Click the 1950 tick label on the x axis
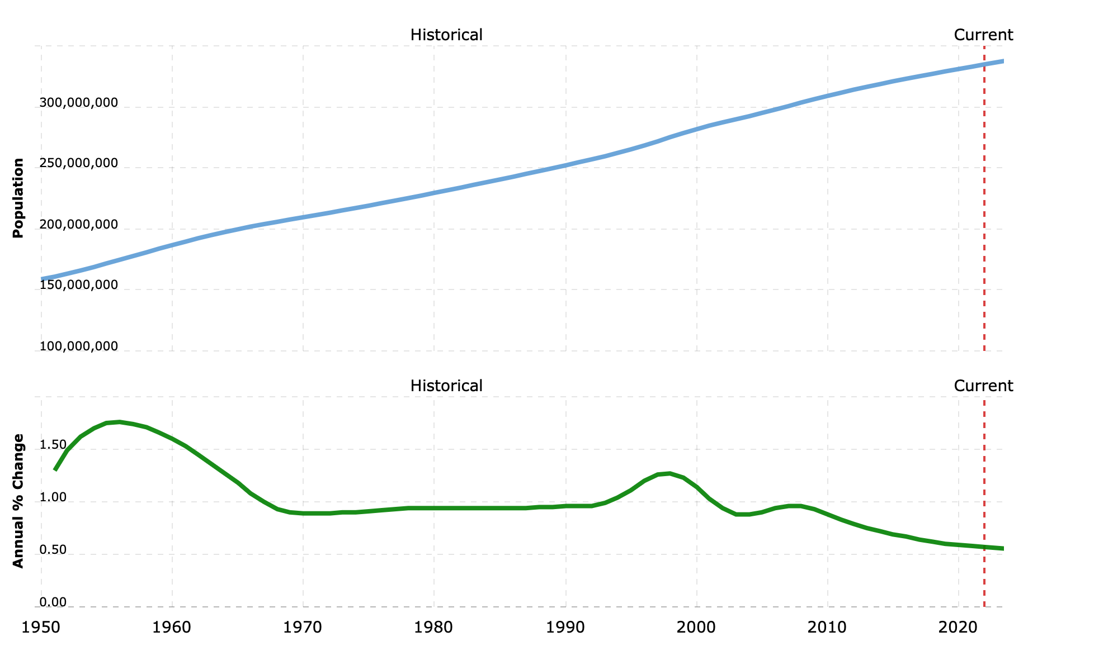(41, 628)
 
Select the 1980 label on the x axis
(434, 628)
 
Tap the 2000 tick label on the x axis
(697, 628)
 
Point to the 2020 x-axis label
(959, 628)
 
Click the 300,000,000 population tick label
(79, 103)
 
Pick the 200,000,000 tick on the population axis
(79, 225)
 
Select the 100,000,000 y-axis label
(79, 346)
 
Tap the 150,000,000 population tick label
(79, 285)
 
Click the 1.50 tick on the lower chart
(53, 445)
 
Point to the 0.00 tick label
(53, 602)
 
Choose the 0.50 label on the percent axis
(53, 550)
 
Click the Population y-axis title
(18, 198)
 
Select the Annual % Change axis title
(18, 501)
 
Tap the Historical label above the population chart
(446, 35)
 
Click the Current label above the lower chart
(983, 386)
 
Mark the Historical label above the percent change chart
(446, 386)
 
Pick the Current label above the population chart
(983, 35)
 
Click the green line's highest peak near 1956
(120, 422)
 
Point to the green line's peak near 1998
(670, 473)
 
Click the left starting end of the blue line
(42, 279)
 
